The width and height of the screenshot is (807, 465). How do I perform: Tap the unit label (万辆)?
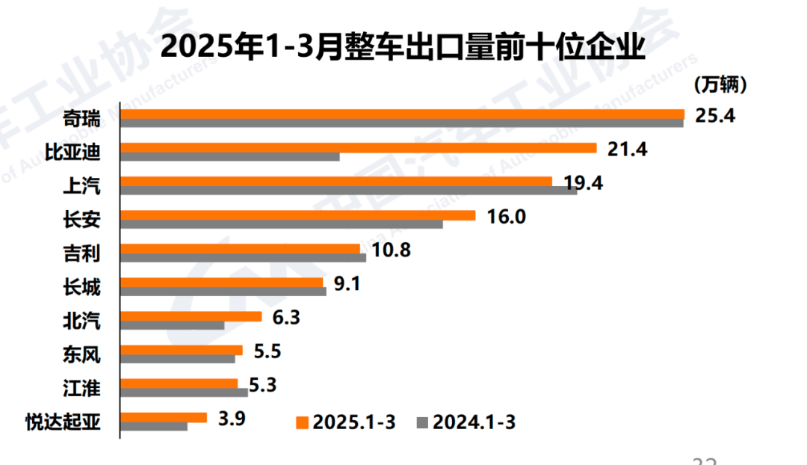[x=720, y=85]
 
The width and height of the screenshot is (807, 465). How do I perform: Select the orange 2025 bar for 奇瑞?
[x=402, y=114]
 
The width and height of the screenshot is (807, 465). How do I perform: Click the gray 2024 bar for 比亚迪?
[x=230, y=157]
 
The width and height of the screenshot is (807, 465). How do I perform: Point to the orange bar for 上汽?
[x=336, y=182]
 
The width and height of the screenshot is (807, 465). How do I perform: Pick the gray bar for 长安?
[x=281, y=224]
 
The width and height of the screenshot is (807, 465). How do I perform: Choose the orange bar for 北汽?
[x=191, y=316]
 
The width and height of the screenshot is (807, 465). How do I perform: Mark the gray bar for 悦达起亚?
[x=153, y=426]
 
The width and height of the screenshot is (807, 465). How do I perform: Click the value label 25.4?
[x=715, y=116]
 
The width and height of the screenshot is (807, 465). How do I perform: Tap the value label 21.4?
[x=626, y=149]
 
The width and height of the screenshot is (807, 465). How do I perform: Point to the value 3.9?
[x=232, y=418]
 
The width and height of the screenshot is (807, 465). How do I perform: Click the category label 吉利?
[x=81, y=253]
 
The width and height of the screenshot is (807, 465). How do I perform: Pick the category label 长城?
[x=81, y=286]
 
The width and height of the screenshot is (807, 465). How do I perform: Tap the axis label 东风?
[x=81, y=354]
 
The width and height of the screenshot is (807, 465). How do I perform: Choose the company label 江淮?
[x=81, y=388]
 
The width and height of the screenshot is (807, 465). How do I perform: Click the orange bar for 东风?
[x=181, y=350]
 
